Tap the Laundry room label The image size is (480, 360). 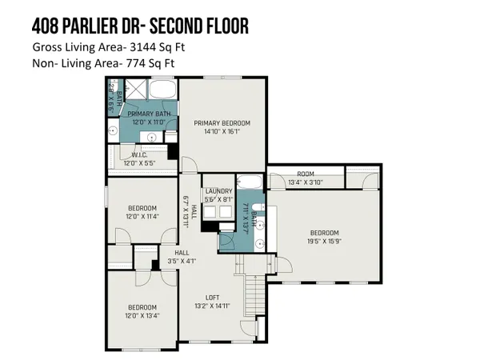218,191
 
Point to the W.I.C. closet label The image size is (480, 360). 132,155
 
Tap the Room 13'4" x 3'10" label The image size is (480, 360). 305,178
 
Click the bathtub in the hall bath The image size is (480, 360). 249,180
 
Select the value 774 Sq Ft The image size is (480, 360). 158,62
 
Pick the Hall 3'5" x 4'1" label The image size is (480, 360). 182,256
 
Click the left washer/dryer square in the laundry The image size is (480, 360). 210,211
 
